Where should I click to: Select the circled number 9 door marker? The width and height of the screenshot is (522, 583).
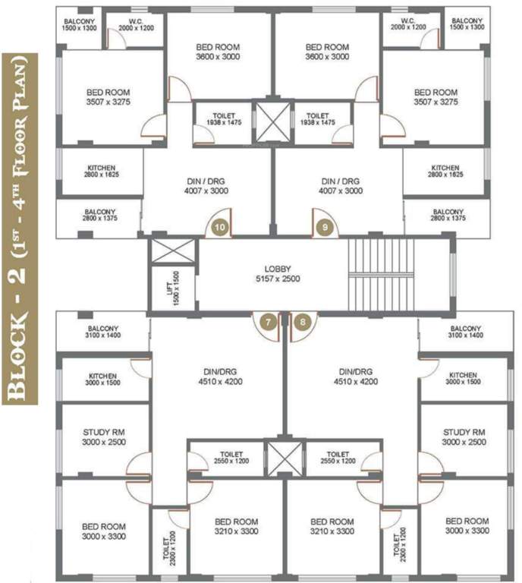coord(325,225)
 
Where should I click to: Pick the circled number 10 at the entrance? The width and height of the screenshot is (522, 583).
coord(220,225)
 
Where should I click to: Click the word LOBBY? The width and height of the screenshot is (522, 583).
coord(278,269)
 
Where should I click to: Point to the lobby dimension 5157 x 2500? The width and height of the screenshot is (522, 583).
coord(278,279)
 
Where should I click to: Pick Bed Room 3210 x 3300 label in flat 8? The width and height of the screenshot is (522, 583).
coord(332,527)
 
